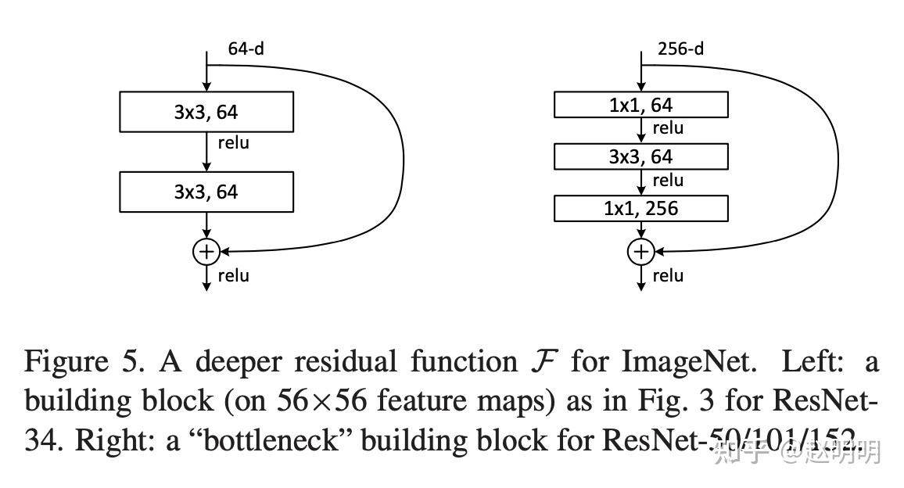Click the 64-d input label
[246, 48]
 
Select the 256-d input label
[680, 48]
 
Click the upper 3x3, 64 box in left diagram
[206, 112]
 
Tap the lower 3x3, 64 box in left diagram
[206, 192]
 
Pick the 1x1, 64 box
[641, 105]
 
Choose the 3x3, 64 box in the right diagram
[641, 157]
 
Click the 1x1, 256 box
[641, 209]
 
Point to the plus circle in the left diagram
[206, 252]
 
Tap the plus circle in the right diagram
[641, 252]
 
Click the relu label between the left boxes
[233, 143]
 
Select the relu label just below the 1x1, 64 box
[668, 128]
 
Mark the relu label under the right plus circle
[668, 275]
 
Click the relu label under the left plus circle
[233, 275]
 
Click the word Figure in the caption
[66, 362]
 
